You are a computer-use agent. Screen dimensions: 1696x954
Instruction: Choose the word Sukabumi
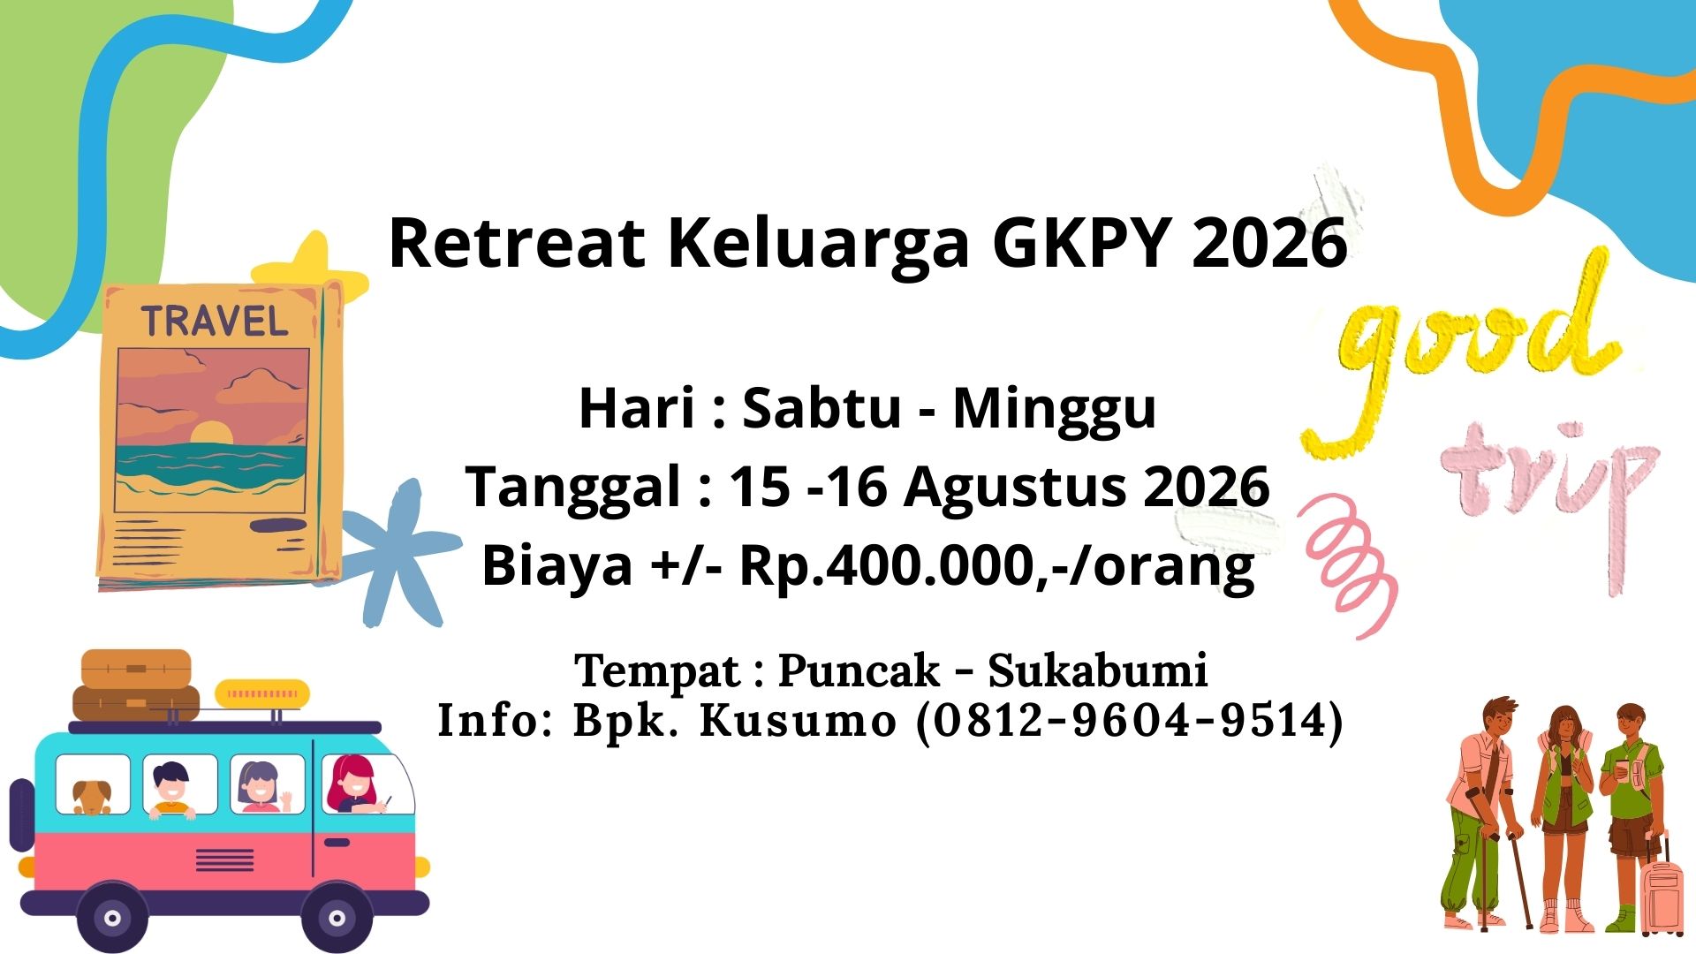[1097, 670]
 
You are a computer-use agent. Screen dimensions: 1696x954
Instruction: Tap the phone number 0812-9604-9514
[1129, 720]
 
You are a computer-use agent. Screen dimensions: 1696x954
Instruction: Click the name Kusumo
[798, 720]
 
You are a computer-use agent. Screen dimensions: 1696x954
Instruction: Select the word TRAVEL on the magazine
[215, 321]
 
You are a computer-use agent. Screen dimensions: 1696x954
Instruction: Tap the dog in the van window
[92, 797]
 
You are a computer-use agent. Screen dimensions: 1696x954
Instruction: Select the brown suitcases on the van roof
[136, 686]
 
